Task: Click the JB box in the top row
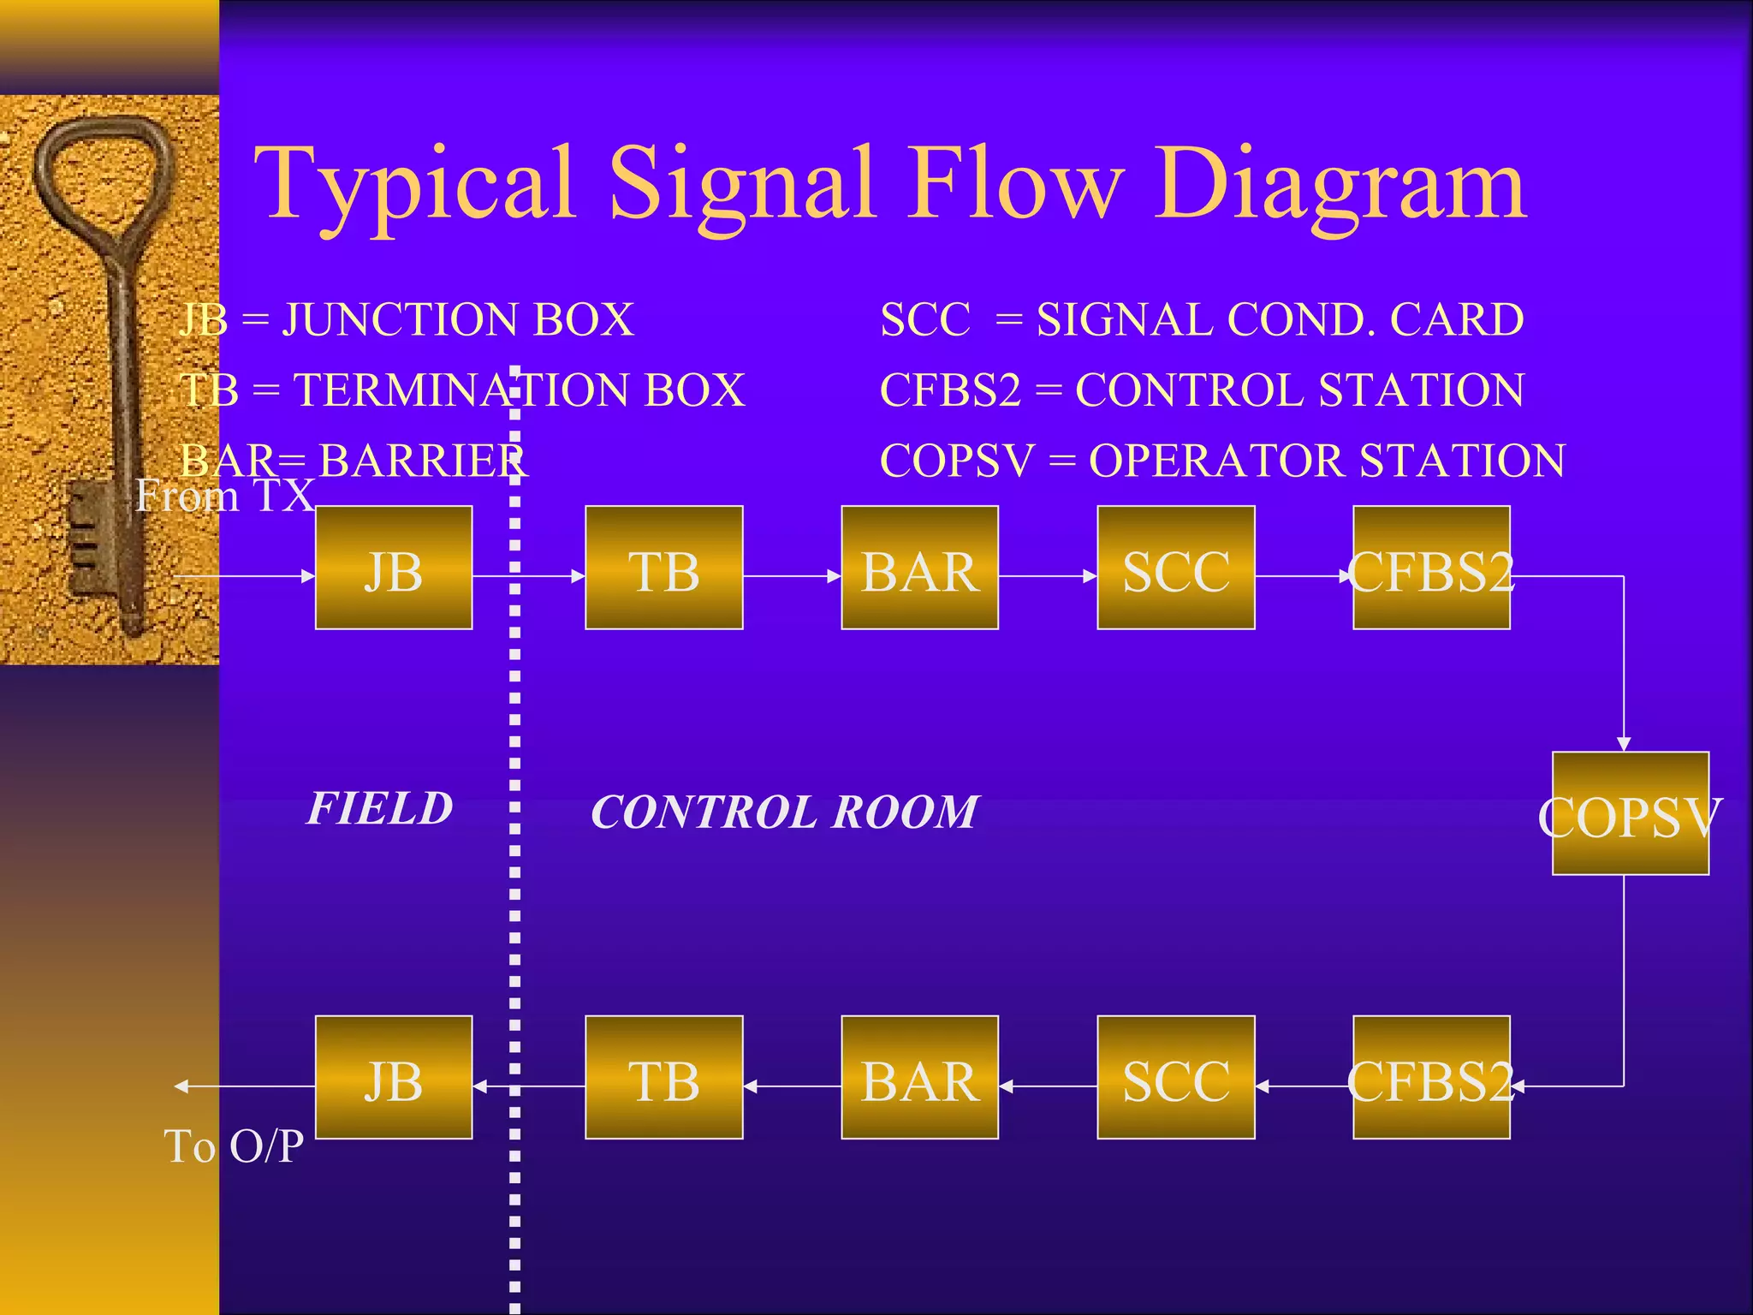point(394,568)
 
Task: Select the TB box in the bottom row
point(663,1077)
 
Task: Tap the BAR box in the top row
point(919,568)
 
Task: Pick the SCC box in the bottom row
point(1175,1077)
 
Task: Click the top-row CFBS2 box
point(1431,568)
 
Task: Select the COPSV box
point(1630,813)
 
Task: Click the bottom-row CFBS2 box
point(1431,1077)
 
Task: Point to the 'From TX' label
point(225,496)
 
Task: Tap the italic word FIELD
point(380,808)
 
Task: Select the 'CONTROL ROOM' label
point(784,812)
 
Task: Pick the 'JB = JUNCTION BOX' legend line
point(407,319)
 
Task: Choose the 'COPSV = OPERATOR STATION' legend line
point(1222,461)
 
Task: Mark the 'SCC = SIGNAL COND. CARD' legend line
point(1202,319)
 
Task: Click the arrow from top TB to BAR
point(792,576)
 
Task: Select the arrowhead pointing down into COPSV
point(1624,743)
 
